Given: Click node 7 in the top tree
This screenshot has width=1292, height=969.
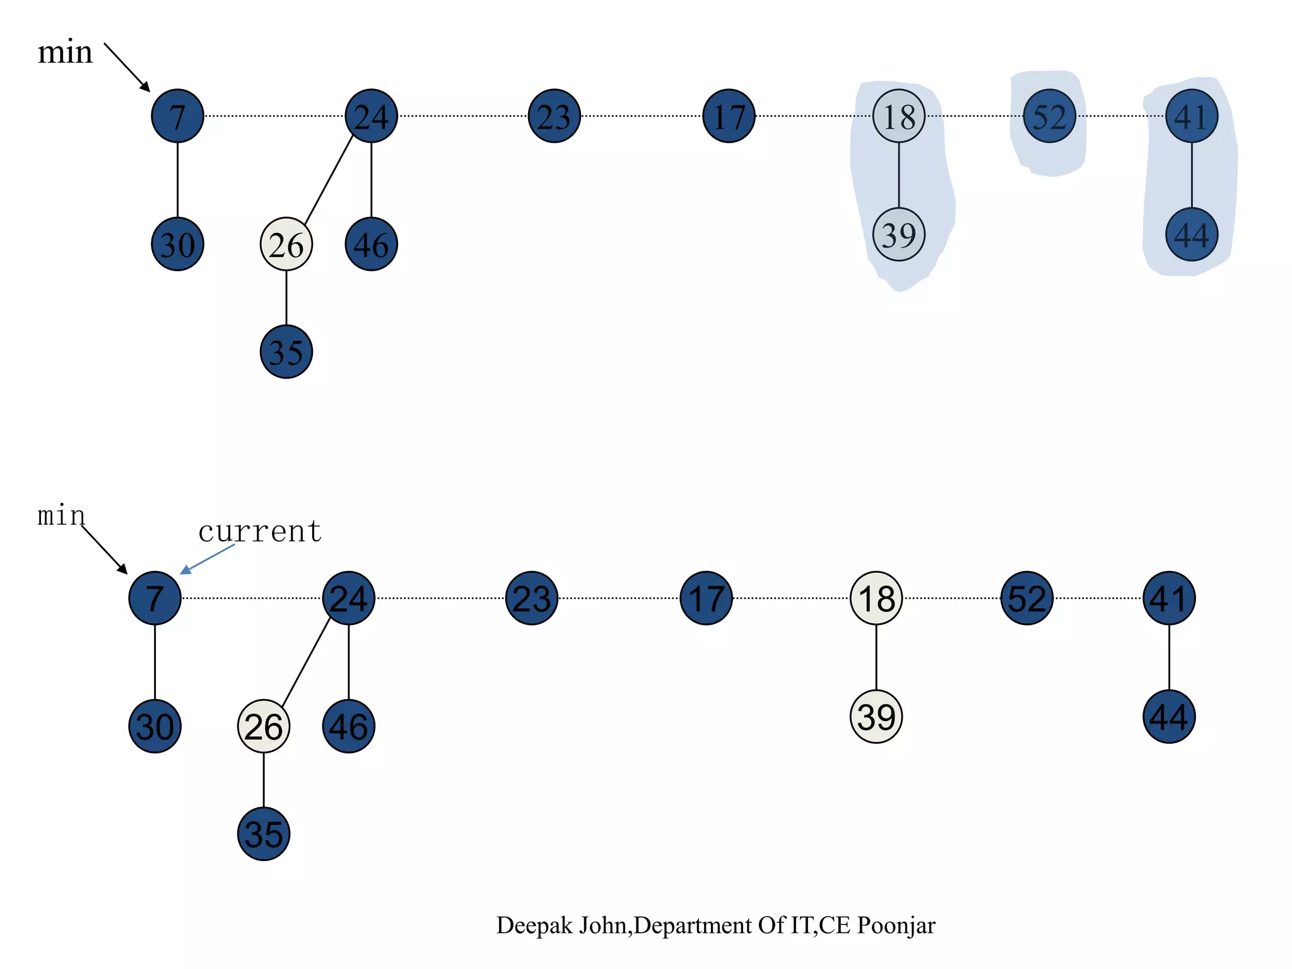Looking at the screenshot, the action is (x=177, y=116).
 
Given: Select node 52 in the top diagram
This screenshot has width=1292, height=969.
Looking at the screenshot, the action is (x=1049, y=116).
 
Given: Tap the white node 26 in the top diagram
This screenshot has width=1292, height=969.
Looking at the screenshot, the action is (x=286, y=244).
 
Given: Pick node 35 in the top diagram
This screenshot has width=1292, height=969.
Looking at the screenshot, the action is (x=286, y=352).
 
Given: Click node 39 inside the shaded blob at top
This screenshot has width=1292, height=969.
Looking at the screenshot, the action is (x=898, y=235).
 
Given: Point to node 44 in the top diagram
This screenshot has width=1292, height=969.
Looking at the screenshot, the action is (x=1191, y=235).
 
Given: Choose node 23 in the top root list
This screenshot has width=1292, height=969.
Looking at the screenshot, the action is (x=554, y=116).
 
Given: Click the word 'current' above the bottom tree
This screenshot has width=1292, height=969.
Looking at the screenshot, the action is (x=260, y=531).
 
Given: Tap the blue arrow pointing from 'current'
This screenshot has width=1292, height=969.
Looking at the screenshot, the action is (x=208, y=559).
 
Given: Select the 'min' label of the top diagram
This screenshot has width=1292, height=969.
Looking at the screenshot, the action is (x=65, y=52).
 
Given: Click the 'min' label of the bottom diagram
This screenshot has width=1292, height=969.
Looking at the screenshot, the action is (x=61, y=516).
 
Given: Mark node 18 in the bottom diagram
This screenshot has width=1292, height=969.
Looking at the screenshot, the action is (x=876, y=598).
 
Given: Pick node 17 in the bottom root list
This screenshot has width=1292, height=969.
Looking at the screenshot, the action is (x=706, y=598).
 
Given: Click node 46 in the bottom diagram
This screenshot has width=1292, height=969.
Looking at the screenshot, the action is (x=348, y=726).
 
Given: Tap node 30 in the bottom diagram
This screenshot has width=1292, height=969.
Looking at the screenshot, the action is (x=155, y=726).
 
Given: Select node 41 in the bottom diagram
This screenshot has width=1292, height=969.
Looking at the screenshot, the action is (x=1169, y=598).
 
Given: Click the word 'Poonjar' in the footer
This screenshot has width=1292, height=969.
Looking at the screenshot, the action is (x=896, y=925).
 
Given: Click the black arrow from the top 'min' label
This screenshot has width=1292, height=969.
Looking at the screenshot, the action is (x=127, y=67).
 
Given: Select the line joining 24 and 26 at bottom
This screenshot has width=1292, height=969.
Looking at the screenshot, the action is (x=306, y=662).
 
